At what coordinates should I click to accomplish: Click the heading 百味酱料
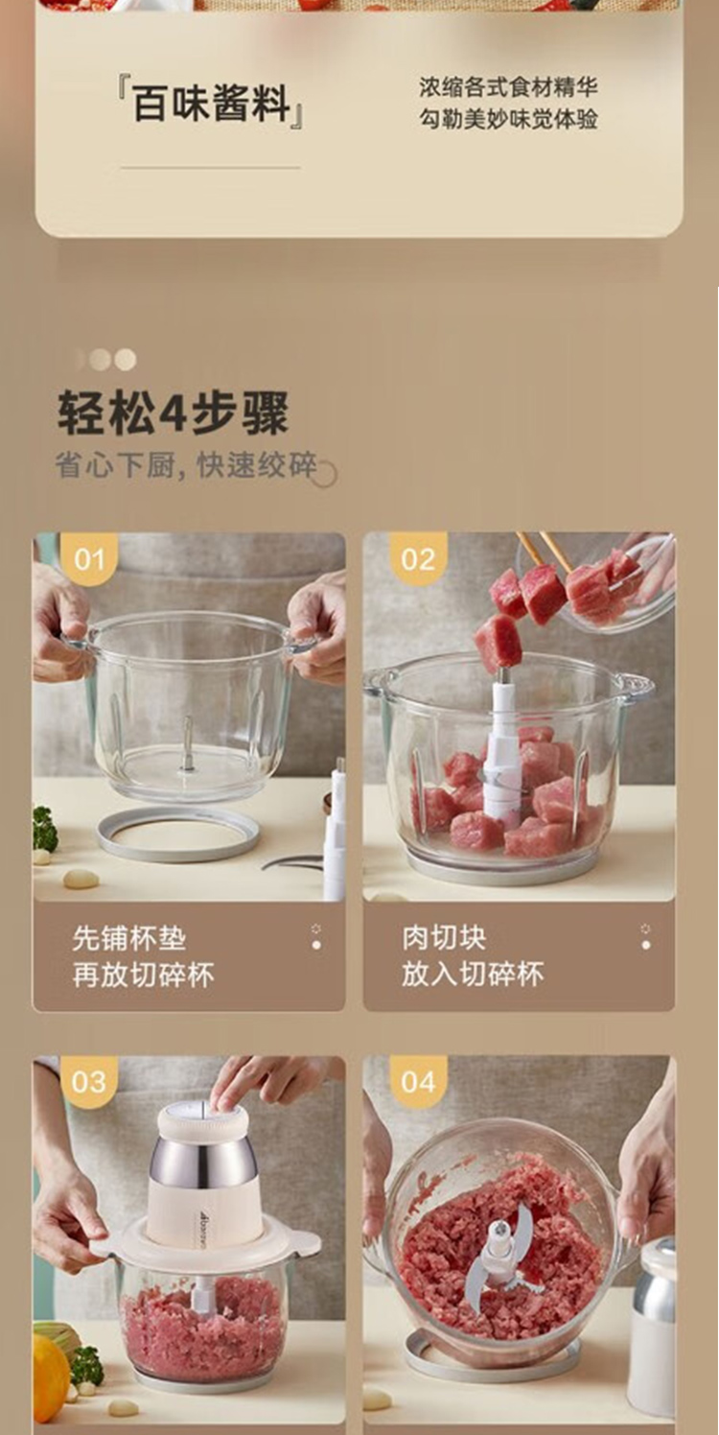pyautogui.click(x=210, y=104)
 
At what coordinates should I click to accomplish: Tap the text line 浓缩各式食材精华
pyautogui.click(x=508, y=87)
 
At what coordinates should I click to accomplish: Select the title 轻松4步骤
pyautogui.click(x=174, y=412)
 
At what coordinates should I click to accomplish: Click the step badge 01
pyautogui.click(x=89, y=559)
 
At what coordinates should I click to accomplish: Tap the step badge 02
pyautogui.click(x=418, y=559)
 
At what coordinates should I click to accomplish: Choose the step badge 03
pyautogui.click(x=89, y=1082)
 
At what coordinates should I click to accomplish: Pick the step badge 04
pyautogui.click(x=418, y=1082)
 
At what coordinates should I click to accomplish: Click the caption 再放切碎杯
pyautogui.click(x=143, y=975)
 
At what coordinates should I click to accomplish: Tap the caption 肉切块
pyautogui.click(x=444, y=938)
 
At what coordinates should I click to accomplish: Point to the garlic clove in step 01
pyautogui.click(x=81, y=879)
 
